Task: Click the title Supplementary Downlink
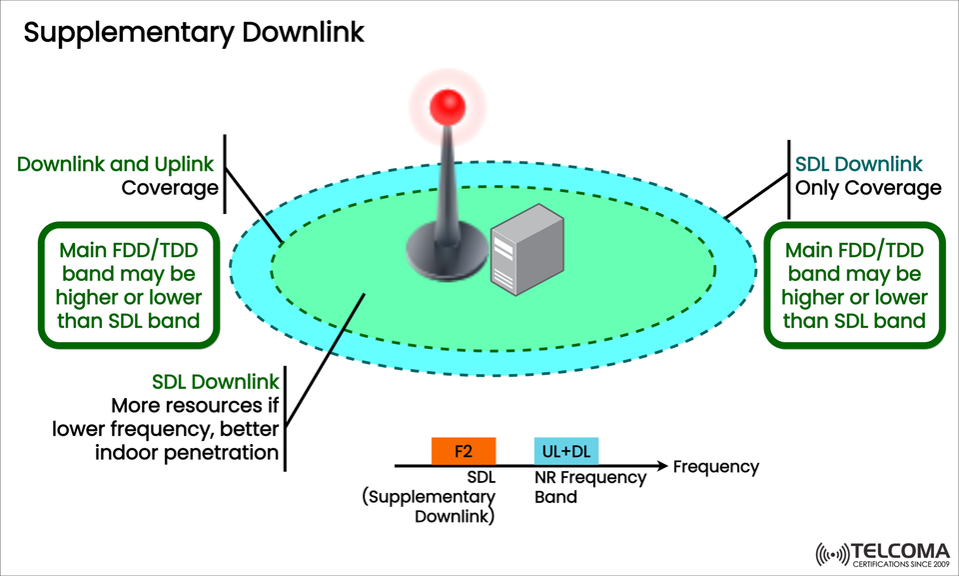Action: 194,32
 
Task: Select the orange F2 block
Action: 464,451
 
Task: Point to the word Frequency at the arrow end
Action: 715,467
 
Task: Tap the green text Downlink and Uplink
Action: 118,164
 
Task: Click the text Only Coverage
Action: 868,188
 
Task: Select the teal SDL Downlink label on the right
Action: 858,164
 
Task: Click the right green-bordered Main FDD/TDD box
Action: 854,285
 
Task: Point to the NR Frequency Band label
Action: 589,487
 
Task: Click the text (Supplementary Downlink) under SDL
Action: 430,507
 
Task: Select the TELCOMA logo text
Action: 894,551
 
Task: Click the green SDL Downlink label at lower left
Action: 215,382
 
